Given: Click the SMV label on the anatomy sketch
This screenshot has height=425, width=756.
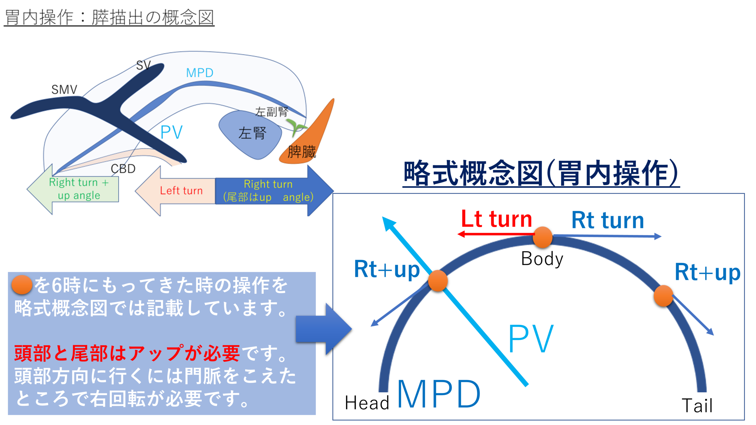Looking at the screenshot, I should pos(64,89).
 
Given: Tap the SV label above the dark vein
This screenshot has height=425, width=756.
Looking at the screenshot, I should pos(144,65).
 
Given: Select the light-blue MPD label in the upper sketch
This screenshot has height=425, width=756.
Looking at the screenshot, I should pos(200,73).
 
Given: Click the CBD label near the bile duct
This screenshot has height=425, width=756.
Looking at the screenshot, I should pos(123,169).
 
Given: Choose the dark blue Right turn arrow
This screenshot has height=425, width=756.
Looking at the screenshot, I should pos(272,191).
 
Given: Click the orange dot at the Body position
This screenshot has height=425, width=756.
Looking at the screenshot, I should pos(542,237).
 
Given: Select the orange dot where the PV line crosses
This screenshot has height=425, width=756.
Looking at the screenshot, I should pos(438,281).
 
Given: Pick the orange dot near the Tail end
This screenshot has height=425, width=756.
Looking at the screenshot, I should pos(663,296).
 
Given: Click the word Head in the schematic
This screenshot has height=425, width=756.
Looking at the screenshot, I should pos(367,403).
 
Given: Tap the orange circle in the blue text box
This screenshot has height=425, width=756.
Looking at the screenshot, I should pos(22,285).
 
